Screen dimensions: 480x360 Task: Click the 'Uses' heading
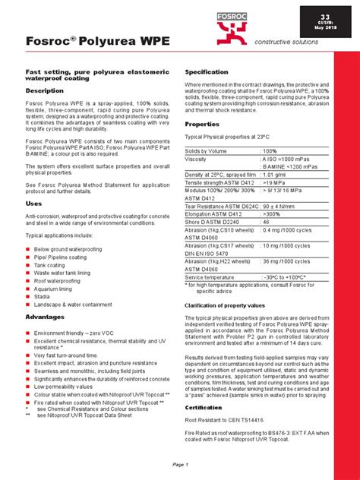pyautogui.click(x=34, y=204)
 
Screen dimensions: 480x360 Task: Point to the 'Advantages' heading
pyautogui.click(x=46, y=316)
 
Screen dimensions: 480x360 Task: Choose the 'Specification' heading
pyautogui.click(x=207, y=71)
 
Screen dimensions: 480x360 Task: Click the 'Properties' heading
pyautogui.click(x=202, y=124)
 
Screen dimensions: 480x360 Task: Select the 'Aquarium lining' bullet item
pyautogui.click(x=58, y=288)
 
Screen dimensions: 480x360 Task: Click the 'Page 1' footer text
pyautogui.click(x=180, y=463)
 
